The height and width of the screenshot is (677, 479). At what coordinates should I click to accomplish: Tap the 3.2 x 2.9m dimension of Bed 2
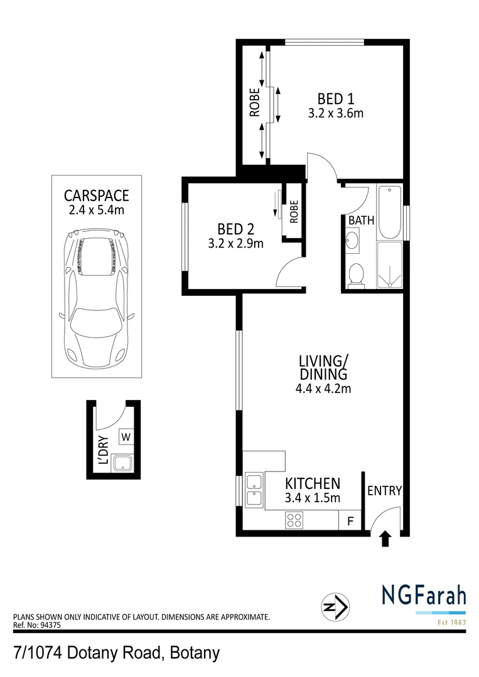[235, 243]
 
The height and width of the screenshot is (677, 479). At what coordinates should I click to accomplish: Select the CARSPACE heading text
[97, 194]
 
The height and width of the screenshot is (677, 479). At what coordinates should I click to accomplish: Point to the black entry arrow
[385, 538]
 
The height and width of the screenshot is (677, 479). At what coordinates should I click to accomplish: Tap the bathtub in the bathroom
[389, 213]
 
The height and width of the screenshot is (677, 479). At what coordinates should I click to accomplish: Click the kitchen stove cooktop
[294, 520]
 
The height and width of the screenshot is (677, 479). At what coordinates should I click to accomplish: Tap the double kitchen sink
[254, 490]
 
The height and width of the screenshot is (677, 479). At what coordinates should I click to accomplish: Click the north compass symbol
[336, 607]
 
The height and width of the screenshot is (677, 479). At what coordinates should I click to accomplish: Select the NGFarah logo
[423, 595]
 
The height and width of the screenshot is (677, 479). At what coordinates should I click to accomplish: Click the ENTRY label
[384, 491]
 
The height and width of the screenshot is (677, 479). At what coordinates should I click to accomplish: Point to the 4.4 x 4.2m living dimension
[323, 388]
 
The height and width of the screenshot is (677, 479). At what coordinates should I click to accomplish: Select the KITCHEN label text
[313, 484]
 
